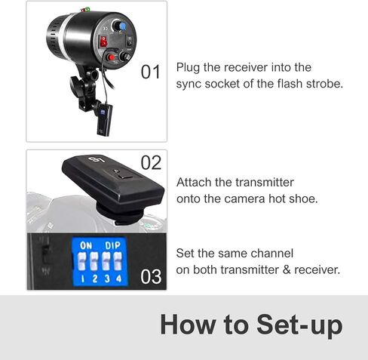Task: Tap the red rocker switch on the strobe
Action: tap(104, 42)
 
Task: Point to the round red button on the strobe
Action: tap(112, 57)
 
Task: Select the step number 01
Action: tap(151, 72)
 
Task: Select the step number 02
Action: tap(151, 162)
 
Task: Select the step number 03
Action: tap(151, 276)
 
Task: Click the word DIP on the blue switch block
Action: tap(113, 245)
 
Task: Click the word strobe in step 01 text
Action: tap(321, 84)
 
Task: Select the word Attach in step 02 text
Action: tap(195, 183)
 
